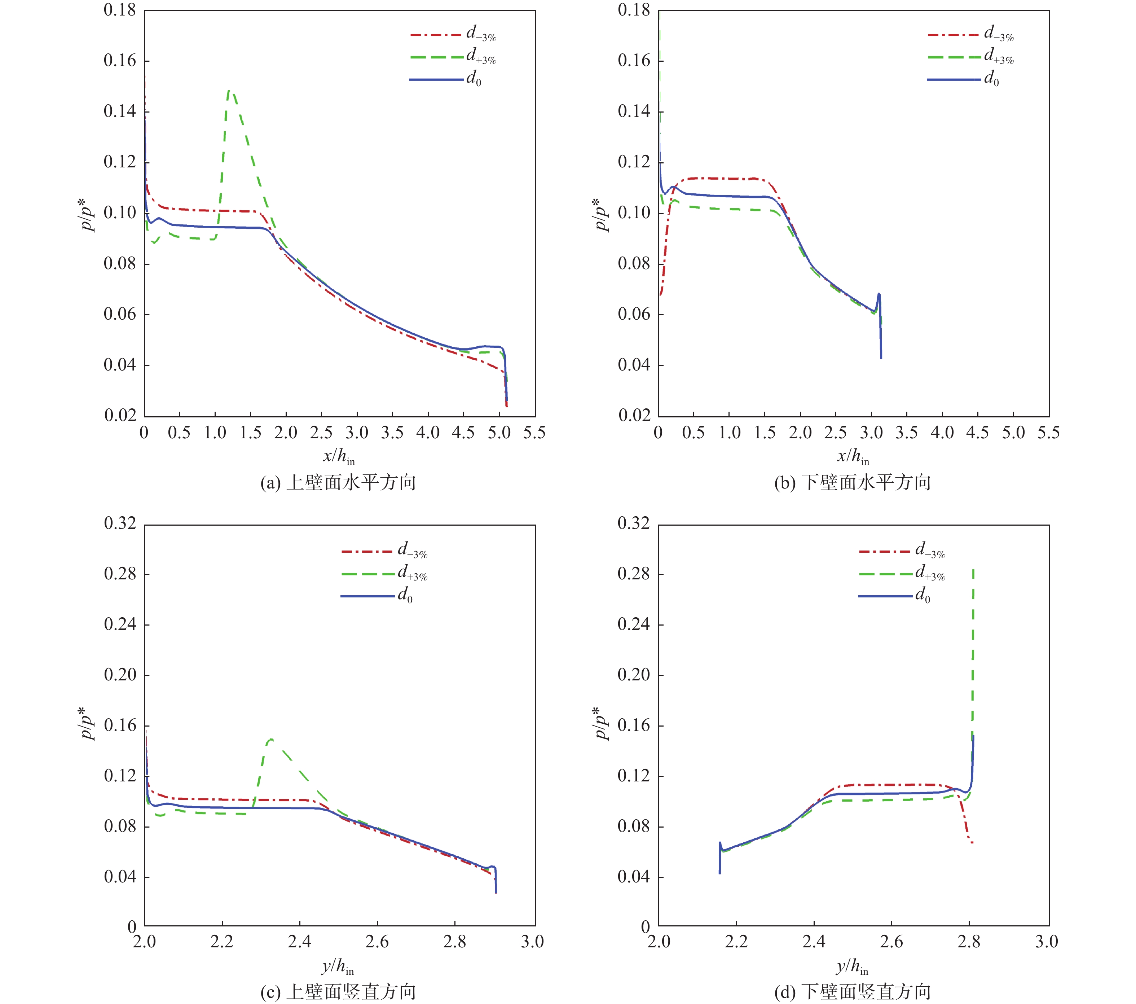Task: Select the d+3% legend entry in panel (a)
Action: coord(481,57)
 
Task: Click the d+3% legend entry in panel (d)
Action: coord(930,574)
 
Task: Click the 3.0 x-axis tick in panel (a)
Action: coord(357,433)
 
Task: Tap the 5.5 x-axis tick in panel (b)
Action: coord(1048,433)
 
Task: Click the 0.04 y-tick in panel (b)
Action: coord(634,365)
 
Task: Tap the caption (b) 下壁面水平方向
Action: coord(853,483)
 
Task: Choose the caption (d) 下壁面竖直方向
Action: coord(853,992)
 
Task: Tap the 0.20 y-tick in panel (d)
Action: coord(634,675)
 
